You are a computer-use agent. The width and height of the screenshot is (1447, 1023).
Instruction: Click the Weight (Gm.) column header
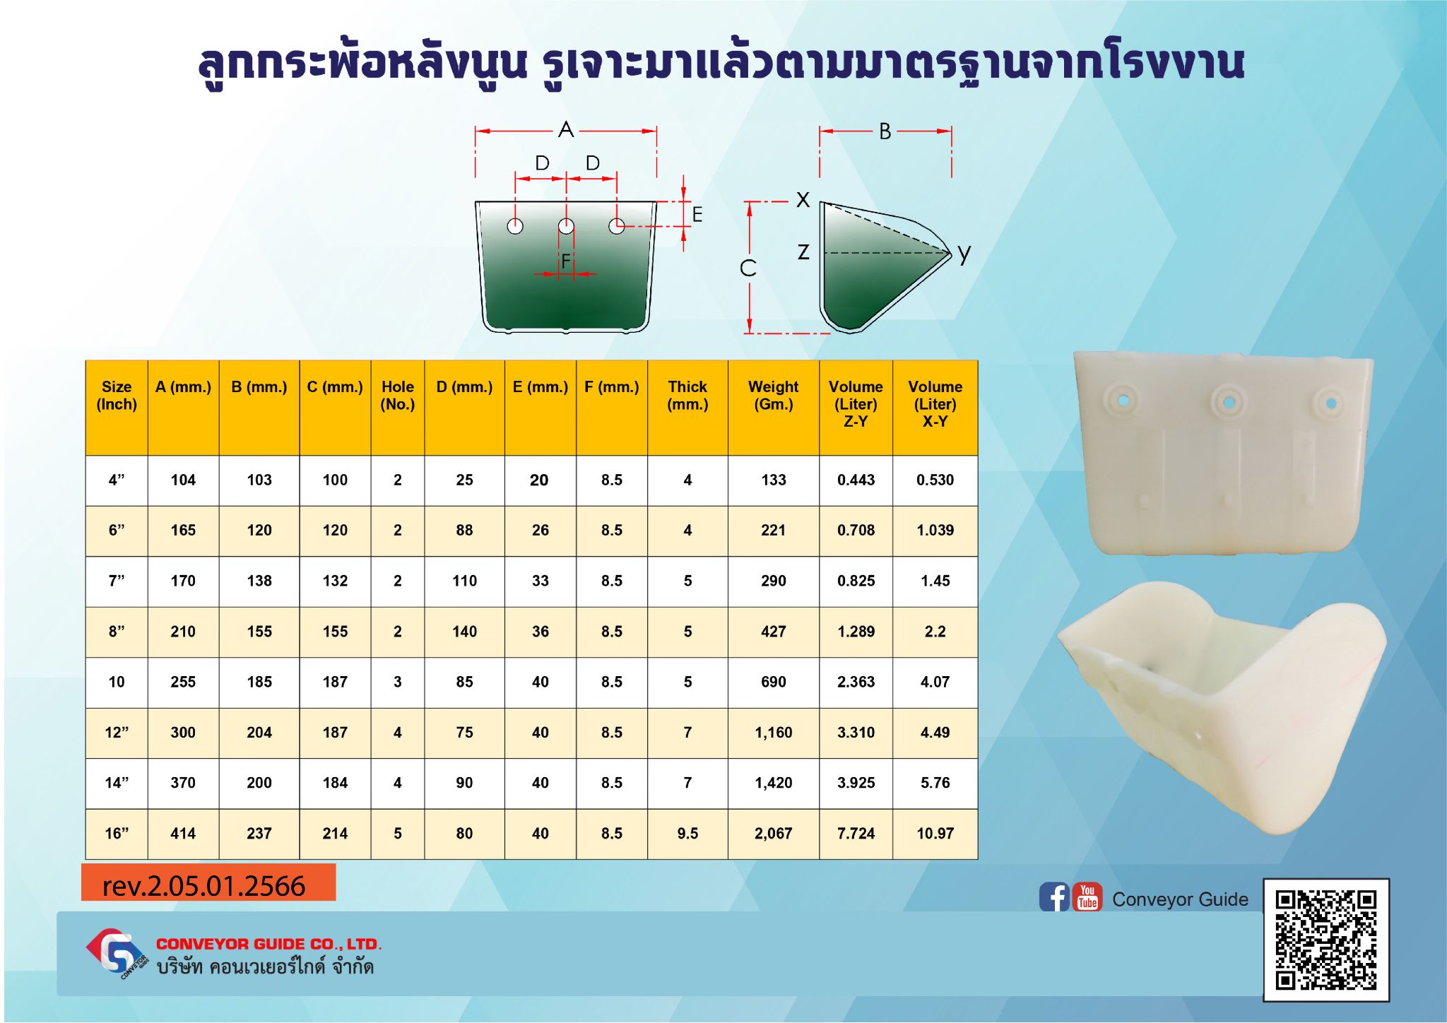[x=773, y=396]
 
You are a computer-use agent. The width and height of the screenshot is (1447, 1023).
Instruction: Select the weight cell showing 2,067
[x=773, y=834]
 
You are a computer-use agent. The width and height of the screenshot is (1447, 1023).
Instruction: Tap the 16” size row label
[x=117, y=834]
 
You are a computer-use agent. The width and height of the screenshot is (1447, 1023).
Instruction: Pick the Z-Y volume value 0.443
[x=856, y=480]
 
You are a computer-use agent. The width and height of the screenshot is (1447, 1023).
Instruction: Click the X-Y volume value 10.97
[x=935, y=834]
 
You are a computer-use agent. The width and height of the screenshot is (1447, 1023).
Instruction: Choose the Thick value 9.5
[x=687, y=834]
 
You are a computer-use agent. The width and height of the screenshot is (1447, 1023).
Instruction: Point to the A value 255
[x=183, y=682]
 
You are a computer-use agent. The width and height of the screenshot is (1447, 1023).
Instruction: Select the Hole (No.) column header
[x=398, y=396]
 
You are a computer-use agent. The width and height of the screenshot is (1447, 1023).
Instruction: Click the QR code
[x=1326, y=940]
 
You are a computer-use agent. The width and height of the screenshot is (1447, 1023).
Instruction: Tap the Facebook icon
[x=1054, y=897]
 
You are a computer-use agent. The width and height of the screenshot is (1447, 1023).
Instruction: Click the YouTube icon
[x=1087, y=897]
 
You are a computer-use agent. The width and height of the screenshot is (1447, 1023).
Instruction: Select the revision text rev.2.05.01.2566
[x=203, y=886]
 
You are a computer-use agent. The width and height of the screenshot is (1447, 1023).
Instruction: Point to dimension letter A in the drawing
[x=566, y=130]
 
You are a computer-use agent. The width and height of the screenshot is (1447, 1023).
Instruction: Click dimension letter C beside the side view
[x=748, y=268]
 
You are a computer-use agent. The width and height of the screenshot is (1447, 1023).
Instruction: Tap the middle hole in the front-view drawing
[x=566, y=226]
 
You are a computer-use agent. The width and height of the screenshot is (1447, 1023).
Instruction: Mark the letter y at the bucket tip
[x=964, y=254]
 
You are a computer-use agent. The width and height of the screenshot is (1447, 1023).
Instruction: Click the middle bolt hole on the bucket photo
[x=1229, y=402]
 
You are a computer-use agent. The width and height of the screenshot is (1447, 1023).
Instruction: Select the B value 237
[x=259, y=834]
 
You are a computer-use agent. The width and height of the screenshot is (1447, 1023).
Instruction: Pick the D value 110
[x=464, y=581]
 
